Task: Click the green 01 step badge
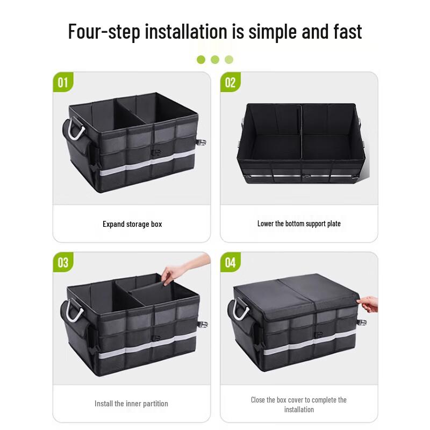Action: (x=63, y=82)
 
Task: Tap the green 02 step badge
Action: (x=230, y=82)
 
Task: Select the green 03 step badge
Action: (x=63, y=262)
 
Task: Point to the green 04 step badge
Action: (x=230, y=262)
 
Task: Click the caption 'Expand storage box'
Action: (x=132, y=224)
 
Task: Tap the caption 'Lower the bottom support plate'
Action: (x=299, y=224)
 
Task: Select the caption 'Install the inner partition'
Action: (x=131, y=404)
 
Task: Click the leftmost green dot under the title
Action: (x=201, y=60)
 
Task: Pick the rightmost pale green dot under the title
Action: (x=229, y=60)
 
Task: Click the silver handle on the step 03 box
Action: (x=73, y=311)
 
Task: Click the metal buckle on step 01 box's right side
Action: (x=203, y=144)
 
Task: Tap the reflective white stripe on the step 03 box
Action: (x=134, y=348)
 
